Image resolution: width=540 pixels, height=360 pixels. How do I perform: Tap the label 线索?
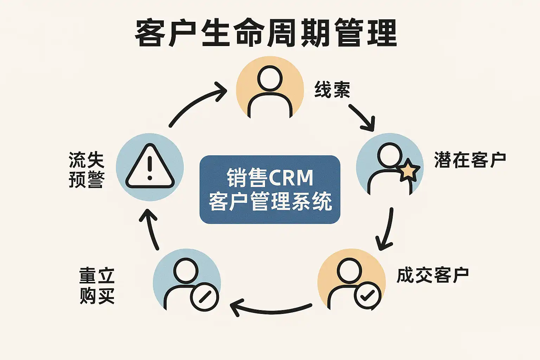pyautogui.click(x=332, y=89)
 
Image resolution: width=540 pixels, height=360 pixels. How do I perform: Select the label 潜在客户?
pyautogui.click(x=470, y=160)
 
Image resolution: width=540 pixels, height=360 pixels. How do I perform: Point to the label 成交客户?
pyautogui.click(x=432, y=275)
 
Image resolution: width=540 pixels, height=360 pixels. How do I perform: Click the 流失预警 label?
pyautogui.click(x=86, y=169)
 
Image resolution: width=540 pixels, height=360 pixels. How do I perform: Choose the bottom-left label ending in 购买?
pyautogui.click(x=97, y=285)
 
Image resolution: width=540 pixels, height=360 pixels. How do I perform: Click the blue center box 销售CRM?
pyautogui.click(x=270, y=189)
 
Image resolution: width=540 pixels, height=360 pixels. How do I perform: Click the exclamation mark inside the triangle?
pyautogui.click(x=150, y=168)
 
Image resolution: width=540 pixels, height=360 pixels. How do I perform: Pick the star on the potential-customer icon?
pyautogui.click(x=409, y=170)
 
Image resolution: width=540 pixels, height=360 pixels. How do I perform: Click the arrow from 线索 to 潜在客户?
pyautogui.click(x=361, y=117)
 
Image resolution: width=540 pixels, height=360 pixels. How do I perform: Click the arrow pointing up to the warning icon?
pyautogui.click(x=150, y=229)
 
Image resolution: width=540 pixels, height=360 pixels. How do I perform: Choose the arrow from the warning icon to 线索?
pyautogui.click(x=197, y=103)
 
